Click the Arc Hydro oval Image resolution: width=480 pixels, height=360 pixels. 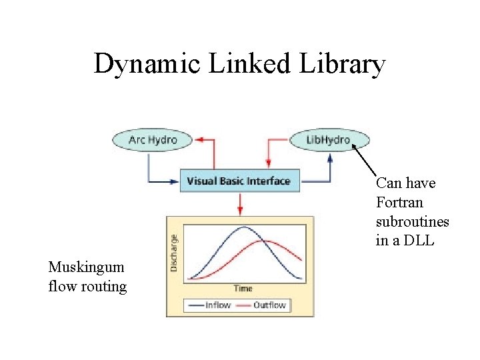153,139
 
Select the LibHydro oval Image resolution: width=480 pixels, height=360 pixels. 329,139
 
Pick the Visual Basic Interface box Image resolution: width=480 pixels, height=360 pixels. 239,181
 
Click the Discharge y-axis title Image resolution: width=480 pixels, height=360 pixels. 175,252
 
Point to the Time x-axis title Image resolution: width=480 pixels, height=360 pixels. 243,288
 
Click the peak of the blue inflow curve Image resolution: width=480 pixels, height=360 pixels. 243,228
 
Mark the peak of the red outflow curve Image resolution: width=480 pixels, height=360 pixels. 265,241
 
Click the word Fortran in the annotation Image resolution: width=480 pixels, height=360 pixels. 399,202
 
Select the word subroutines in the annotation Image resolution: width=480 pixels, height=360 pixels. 412,221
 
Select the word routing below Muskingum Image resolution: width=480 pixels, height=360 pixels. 103,287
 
